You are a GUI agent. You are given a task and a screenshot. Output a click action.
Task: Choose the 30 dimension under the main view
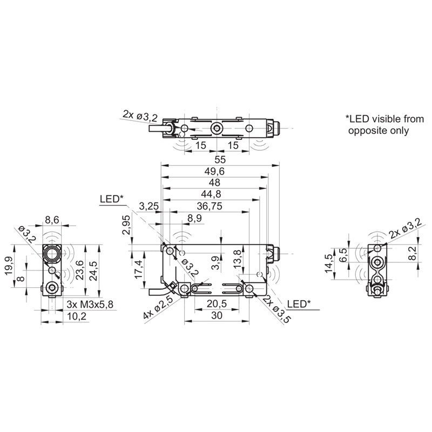[x=215, y=315]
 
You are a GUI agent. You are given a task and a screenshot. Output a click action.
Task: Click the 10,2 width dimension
[x=76, y=316]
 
